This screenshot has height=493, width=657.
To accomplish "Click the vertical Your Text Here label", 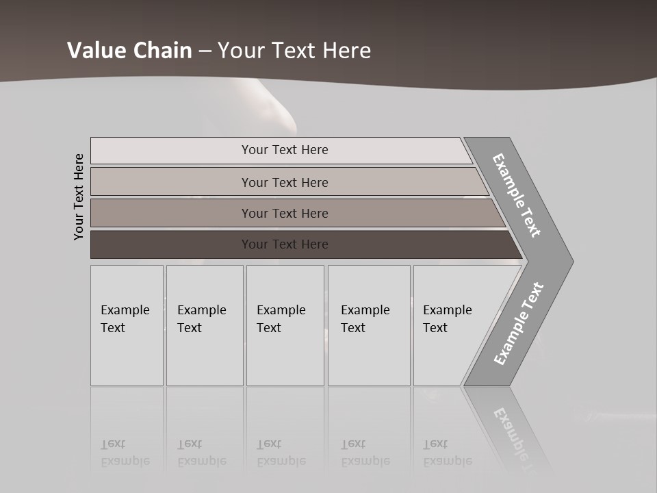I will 79,197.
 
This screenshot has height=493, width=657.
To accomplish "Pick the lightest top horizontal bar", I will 284,150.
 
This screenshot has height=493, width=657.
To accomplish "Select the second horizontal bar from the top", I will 284,182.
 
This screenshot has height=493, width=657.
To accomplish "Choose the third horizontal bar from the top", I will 284,213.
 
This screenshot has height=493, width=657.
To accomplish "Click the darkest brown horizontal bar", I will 284,244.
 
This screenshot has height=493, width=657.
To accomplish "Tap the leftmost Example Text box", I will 127,325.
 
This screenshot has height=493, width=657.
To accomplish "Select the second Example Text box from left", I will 205,325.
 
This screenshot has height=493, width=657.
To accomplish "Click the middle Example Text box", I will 285,325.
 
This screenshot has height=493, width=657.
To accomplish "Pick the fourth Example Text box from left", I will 369,325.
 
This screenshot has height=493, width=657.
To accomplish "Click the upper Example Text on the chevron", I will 517,195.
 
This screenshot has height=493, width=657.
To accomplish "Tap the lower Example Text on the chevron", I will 518,324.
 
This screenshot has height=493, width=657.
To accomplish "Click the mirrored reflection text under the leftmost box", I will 125,453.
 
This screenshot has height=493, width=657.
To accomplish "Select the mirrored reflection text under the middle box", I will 281,453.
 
